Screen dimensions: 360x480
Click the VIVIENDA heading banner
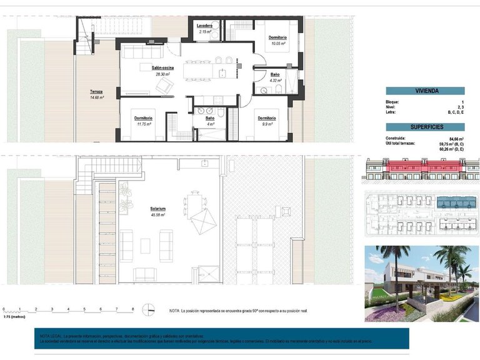(x=425, y=91)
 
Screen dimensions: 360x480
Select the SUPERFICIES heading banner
(x=425, y=127)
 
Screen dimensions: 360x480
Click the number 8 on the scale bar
(x=132, y=309)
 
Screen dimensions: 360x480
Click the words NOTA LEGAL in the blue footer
(x=52, y=335)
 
